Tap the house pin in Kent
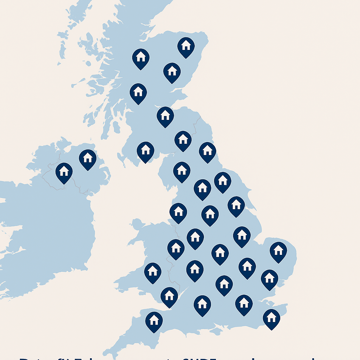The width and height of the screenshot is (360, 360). pyautogui.click(x=271, y=318)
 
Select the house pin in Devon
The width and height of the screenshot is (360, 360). pyautogui.click(x=154, y=321)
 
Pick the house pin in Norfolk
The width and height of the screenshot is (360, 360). pyautogui.click(x=278, y=251)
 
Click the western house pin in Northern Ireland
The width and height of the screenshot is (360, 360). pyautogui.click(x=64, y=172)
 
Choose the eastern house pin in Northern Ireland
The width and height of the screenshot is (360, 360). pyautogui.click(x=88, y=159)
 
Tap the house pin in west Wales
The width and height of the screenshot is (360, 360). pyautogui.click(x=153, y=271)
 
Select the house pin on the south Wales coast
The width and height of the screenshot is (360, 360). pyautogui.click(x=169, y=296)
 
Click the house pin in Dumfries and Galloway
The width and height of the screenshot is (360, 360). pyautogui.click(x=146, y=151)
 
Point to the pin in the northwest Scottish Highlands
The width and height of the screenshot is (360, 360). pyautogui.click(x=141, y=58)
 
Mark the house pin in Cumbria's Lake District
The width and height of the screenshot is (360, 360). pyautogui.click(x=182, y=171)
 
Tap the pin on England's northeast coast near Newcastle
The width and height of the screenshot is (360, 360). pyautogui.click(x=207, y=151)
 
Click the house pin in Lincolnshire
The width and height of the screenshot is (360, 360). pyautogui.click(x=242, y=235)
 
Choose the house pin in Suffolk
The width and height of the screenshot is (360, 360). pyautogui.click(x=269, y=278)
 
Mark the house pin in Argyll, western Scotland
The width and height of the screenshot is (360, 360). pyautogui.click(x=138, y=92)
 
